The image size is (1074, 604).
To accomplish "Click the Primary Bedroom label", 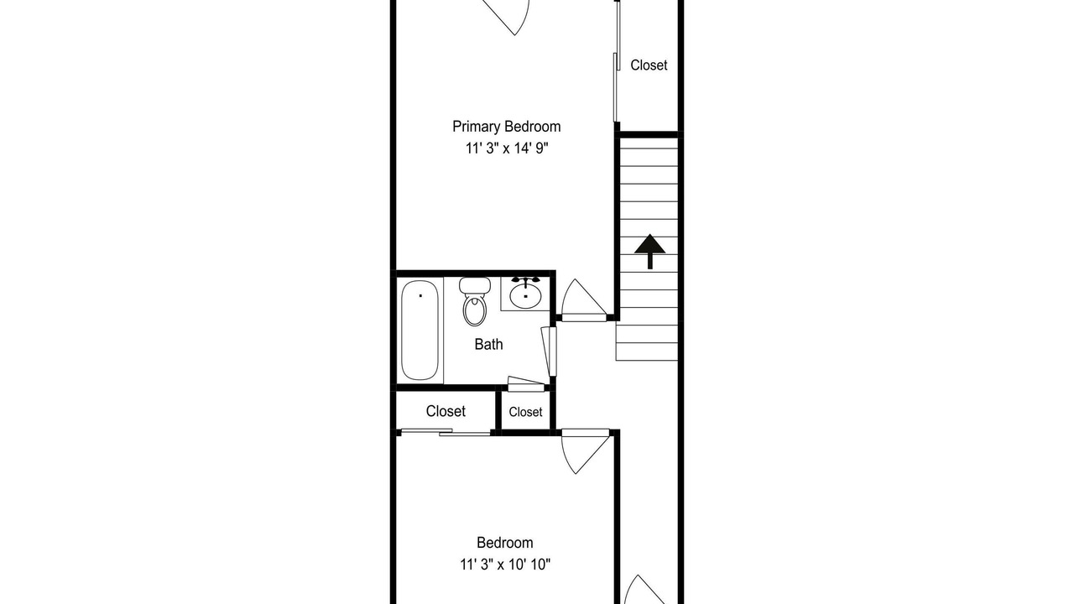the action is point(506,127).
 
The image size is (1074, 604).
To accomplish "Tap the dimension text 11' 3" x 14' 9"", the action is point(507,148).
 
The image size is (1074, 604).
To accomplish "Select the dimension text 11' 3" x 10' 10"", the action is point(505,565).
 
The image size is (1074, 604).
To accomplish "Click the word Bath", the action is point(488,344).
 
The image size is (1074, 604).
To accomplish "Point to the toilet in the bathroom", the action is point(475,301).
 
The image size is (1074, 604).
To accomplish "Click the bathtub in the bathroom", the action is point(420,331).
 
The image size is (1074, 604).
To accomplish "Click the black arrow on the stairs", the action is point(650,251).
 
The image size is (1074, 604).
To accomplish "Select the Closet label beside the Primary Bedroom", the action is point(649,65).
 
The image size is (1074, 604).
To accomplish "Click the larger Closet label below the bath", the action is point(446,411).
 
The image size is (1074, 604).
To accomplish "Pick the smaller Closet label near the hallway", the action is point(525,412).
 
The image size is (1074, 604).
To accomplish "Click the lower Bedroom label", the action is point(505,543).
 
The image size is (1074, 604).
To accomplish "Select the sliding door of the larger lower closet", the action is point(446,432).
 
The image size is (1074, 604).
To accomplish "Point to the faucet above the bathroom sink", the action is point(525,280).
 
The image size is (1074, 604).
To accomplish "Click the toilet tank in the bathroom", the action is point(475,286).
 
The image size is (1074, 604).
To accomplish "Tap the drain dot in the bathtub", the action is point(420,296).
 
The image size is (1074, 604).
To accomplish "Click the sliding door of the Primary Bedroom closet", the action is point(617,61).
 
